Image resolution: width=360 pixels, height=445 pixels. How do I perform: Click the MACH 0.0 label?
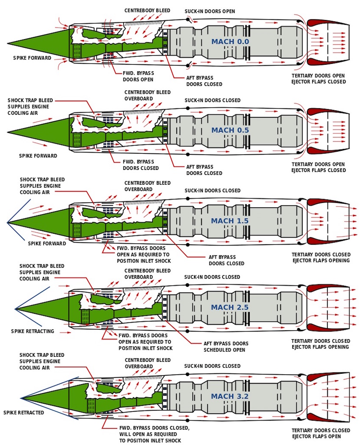click(x=230, y=42)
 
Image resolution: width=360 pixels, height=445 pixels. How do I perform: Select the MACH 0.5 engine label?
click(x=230, y=130)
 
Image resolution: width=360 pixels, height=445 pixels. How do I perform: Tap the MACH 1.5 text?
click(x=230, y=221)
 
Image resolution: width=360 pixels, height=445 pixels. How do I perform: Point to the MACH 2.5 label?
click(x=230, y=308)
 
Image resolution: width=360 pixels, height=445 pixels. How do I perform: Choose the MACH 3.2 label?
click(x=230, y=396)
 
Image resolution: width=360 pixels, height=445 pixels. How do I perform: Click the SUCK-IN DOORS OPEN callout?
click(x=210, y=11)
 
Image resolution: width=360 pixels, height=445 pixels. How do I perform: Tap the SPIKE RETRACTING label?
click(x=33, y=331)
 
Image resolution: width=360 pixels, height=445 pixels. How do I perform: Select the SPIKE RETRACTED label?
click(x=23, y=412)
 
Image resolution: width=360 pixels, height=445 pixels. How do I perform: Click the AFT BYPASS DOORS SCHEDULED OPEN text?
click(x=226, y=346)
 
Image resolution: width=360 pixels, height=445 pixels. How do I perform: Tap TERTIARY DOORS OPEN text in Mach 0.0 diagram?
click(x=318, y=76)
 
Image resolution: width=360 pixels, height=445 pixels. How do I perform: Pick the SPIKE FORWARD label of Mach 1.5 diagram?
click(x=47, y=243)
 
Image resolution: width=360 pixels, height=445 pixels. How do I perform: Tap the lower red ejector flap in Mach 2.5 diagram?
click(x=319, y=326)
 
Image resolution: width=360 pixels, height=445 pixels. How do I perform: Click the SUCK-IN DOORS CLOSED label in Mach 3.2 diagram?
click(x=212, y=366)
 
